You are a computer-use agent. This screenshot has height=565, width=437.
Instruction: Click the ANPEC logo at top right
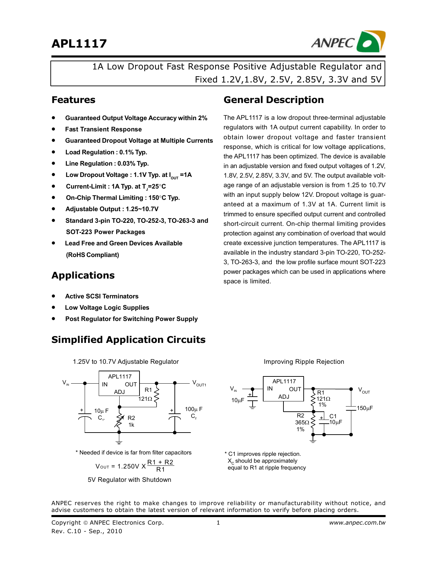point(348,42)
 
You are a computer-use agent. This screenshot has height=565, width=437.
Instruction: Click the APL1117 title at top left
point(79,43)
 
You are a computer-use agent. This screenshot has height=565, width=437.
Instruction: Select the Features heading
point(73,100)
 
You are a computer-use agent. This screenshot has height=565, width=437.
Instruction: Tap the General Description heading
point(274,100)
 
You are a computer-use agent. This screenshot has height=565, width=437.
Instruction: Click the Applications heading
point(83,275)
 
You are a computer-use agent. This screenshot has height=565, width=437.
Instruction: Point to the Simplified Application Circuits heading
point(128,340)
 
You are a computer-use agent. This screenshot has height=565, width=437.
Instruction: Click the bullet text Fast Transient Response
point(103,129)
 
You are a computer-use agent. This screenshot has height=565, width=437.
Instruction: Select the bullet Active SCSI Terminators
point(102,296)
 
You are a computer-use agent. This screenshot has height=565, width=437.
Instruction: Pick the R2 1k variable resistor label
point(131,421)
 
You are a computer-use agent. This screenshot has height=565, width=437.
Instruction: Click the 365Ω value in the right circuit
point(302,423)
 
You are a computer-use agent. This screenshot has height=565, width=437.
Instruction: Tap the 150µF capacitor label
point(365,408)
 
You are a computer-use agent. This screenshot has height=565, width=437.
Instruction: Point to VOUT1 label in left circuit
point(199,383)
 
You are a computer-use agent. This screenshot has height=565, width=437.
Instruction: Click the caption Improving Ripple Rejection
point(304,362)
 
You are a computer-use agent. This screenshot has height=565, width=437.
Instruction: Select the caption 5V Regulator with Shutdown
point(129,480)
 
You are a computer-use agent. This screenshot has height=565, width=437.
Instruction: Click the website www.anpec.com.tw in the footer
point(357,523)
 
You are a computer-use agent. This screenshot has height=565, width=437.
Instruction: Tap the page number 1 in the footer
point(218,523)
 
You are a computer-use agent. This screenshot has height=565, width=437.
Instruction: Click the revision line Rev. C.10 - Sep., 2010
point(87,531)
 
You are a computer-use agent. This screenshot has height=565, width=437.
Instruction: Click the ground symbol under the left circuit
point(119,441)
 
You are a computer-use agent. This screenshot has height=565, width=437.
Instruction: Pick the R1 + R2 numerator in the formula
point(160,462)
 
